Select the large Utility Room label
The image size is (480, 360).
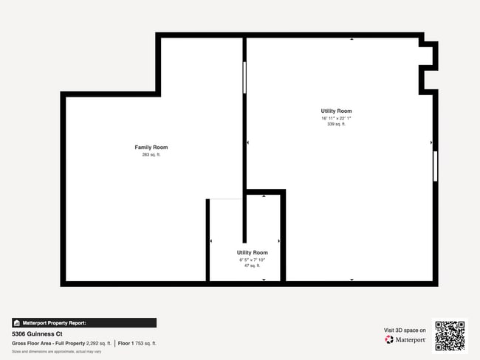pos(336,111)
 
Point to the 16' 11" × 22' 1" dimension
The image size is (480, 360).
pos(336,118)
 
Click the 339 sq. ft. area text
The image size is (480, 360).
pos(336,124)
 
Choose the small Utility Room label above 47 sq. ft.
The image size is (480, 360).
pos(253,252)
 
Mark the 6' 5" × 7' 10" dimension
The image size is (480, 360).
pos(253,260)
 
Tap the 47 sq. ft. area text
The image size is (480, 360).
pos(253,266)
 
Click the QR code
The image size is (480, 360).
pos(450,336)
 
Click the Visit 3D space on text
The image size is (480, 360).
pos(405,330)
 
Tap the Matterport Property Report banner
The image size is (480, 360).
pos(84,322)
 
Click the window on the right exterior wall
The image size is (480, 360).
pos(435,166)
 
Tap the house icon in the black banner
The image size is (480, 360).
pos(17,322)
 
